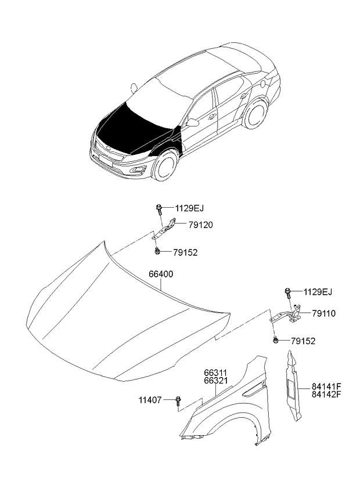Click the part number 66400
(x=161, y=274)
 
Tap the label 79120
(x=201, y=225)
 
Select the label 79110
(x=324, y=313)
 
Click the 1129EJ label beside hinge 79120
(x=189, y=208)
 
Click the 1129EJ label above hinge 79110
(x=318, y=292)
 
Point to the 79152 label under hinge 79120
(x=185, y=252)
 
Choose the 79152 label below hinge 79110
(x=303, y=341)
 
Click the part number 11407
(x=150, y=400)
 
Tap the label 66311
(x=215, y=372)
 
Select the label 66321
(x=215, y=380)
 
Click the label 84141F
(x=326, y=386)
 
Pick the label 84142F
(x=326, y=394)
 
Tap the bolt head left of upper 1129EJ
(x=159, y=207)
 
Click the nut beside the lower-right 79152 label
(x=275, y=340)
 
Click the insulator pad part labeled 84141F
(x=293, y=388)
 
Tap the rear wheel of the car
(x=255, y=113)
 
